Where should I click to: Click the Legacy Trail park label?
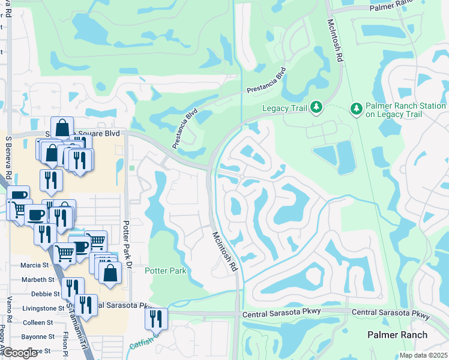[285, 108]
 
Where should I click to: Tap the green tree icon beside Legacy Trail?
[316, 108]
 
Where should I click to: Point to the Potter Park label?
[165, 271]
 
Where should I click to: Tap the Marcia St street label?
[34, 265]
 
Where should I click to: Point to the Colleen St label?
[38, 323]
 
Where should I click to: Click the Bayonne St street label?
[38, 337]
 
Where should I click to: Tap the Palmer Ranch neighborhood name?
[397, 335]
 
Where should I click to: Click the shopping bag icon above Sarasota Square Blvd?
[62, 128]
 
